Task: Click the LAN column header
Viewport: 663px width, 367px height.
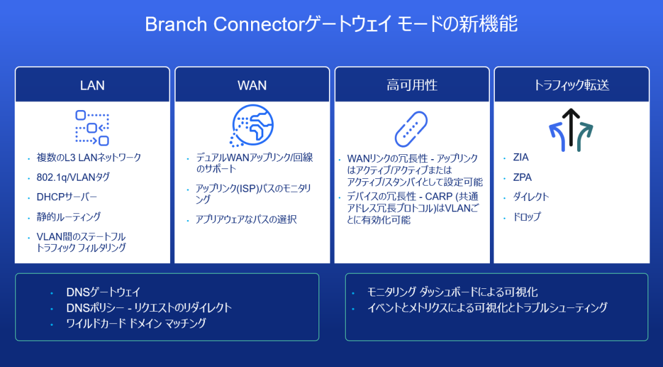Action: pos(92,85)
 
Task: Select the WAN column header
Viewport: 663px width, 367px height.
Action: pos(252,85)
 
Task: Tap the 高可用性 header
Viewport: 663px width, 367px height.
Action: pos(412,85)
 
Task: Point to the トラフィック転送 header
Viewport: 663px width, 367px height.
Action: pos(572,85)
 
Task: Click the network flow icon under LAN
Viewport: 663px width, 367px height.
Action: pos(92,128)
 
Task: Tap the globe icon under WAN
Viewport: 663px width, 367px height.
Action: pos(252,126)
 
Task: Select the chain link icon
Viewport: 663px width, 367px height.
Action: pos(411,129)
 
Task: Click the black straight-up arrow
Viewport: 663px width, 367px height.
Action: pos(571,127)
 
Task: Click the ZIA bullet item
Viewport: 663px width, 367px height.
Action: pos(521,157)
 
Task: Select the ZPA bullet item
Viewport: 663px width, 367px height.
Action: pos(522,178)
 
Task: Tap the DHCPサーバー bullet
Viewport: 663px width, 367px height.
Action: pos(67,197)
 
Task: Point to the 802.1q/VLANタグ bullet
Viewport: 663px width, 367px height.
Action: pos(73,178)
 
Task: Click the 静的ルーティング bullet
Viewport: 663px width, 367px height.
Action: pos(69,217)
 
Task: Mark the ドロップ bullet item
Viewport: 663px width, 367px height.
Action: pos(527,217)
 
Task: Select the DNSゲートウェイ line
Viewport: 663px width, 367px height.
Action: pos(103,292)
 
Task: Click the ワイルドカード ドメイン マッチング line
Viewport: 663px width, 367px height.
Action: pos(136,323)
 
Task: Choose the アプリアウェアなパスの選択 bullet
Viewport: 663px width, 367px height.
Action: pos(246,219)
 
